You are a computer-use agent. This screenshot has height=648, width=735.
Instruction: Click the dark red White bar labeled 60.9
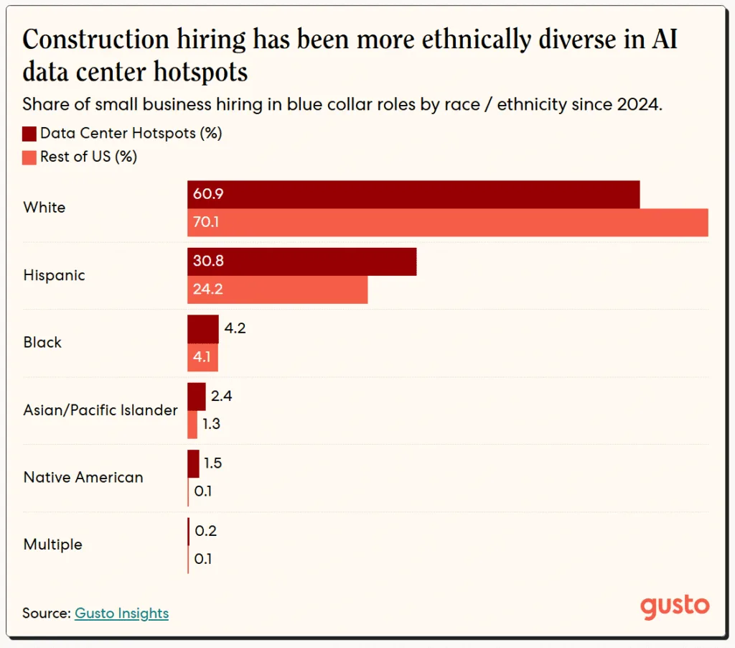pos(413,195)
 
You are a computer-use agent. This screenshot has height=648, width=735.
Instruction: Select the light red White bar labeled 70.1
pos(448,223)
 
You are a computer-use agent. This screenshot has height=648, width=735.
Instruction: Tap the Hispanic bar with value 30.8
pos(301,262)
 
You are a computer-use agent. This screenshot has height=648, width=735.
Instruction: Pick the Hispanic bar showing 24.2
pos(277,290)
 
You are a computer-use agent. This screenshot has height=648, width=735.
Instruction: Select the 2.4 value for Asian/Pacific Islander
pos(222,396)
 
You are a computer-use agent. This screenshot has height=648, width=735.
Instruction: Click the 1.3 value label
pos(210,424)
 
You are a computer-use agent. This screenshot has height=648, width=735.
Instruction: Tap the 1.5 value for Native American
pos(212,463)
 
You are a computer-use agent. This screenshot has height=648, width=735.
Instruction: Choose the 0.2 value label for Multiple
pos(206,531)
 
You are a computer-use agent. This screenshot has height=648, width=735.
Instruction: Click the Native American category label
pos(83,478)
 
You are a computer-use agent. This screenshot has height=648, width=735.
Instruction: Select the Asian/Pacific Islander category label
pos(100,410)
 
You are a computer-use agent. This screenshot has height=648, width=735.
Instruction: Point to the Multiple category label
pos(53,545)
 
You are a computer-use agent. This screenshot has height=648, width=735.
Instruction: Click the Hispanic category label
pos(54,276)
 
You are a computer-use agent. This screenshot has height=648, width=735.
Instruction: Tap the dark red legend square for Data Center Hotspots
pos(29,134)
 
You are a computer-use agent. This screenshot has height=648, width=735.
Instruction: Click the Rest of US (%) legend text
pos(88,157)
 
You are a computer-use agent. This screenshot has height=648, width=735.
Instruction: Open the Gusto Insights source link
pos(121,614)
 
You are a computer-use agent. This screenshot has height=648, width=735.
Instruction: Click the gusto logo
pos(675,606)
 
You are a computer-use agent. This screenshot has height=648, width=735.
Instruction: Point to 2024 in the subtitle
pos(638,104)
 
